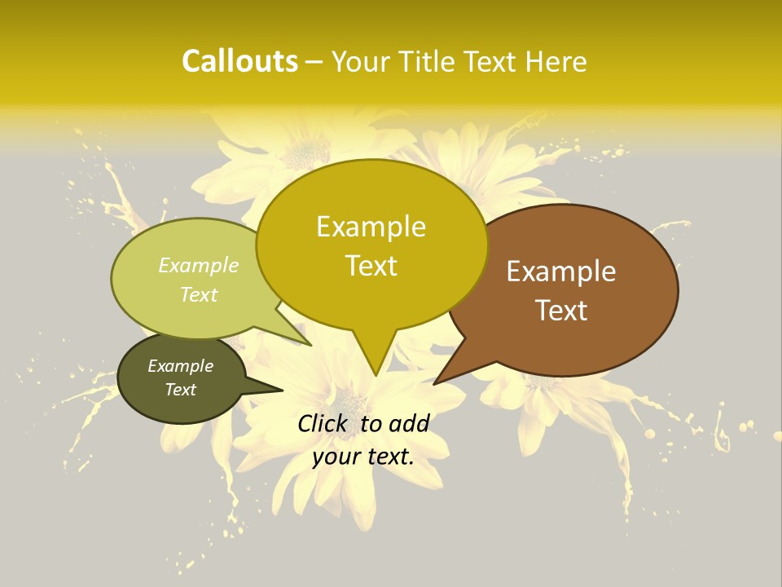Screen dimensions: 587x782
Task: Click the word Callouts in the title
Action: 239,61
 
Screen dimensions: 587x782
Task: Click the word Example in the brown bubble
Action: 561,271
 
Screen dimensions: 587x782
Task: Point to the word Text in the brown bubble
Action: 561,311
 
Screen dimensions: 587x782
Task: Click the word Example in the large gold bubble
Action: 371,227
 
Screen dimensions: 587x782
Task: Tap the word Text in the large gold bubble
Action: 371,266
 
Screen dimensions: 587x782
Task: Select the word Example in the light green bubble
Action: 199,266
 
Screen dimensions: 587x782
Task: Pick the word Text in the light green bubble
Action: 199,294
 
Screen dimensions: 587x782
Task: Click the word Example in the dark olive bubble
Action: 180,366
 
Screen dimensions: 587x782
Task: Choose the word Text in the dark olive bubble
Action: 180,390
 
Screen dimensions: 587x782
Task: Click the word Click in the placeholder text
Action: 323,423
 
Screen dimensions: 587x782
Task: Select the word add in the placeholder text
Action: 409,423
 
